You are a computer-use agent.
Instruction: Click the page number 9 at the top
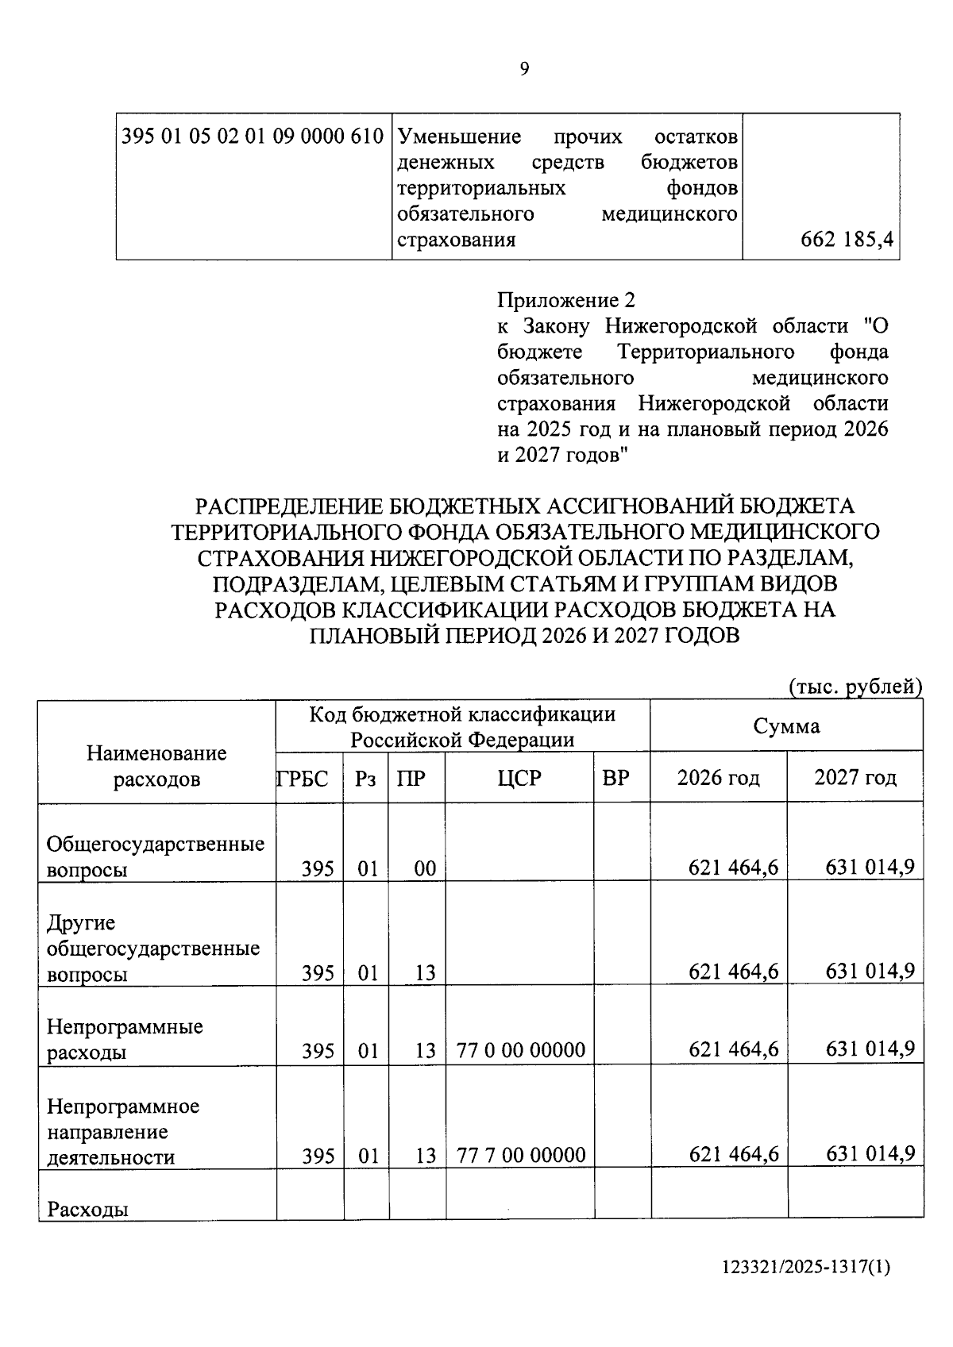pos(524,70)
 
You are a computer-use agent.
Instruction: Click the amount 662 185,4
pos(848,240)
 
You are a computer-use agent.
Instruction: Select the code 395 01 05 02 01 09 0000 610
pos(253,137)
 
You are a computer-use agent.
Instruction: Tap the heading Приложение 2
pos(566,301)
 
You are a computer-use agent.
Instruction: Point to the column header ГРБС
pos(303,779)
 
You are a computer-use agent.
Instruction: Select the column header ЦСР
pos(519,779)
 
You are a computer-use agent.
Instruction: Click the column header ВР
pos(615,779)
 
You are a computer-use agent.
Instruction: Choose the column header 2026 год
pos(718,778)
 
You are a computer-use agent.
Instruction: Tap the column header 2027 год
pos(855,778)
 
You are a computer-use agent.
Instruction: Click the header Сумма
pos(786,726)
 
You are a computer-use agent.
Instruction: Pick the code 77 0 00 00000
pos(521,1051)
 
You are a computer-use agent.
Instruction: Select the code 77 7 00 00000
pos(521,1155)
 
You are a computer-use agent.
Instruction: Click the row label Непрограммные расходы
pos(125,1040)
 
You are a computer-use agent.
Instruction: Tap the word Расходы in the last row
pos(88,1210)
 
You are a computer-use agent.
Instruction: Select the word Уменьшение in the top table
pos(459,137)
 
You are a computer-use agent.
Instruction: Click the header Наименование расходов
pos(156,766)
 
